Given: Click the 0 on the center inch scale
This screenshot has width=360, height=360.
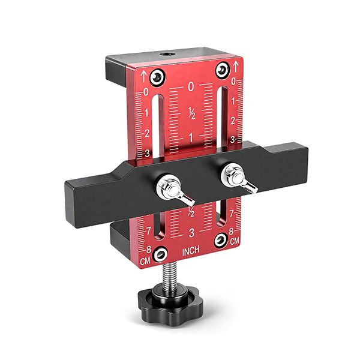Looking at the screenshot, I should (x=191, y=87).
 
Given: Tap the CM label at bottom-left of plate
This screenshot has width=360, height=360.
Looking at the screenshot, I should (x=145, y=262).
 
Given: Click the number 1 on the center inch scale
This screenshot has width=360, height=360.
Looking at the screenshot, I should (x=191, y=137).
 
